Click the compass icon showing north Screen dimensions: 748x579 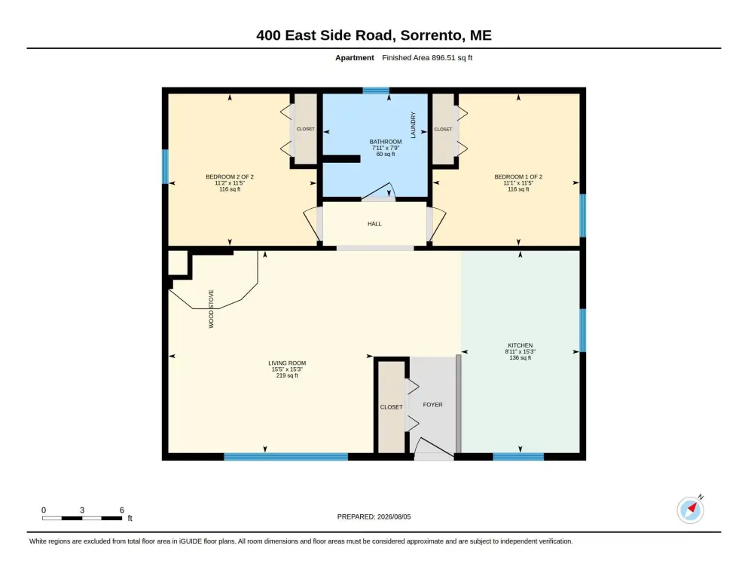pos(690,510)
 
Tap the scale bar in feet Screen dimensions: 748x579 pos(82,518)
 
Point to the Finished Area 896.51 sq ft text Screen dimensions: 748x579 pos(427,58)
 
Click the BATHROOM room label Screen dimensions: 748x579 pos(386,142)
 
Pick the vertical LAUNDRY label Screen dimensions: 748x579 pos(413,125)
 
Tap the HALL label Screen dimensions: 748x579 pos(374,224)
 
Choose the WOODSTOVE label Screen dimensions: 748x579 pos(212,309)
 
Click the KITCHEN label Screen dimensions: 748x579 pos(520,345)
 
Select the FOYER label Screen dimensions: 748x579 pos(432,405)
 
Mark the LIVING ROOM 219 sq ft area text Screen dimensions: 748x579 pos(287,375)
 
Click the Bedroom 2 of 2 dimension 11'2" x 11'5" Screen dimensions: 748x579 pos(230,182)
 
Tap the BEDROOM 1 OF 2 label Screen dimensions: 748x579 pos(518,176)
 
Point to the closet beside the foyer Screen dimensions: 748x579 pos(392,406)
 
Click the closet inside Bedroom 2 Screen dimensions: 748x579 pos(306,129)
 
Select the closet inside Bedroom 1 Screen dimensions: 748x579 pos(443,129)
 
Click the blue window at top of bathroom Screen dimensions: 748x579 pos(376,90)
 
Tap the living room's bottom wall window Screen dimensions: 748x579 pos(285,457)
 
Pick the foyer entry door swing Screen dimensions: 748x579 pos(434,449)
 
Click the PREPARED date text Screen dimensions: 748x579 pos(374,517)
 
